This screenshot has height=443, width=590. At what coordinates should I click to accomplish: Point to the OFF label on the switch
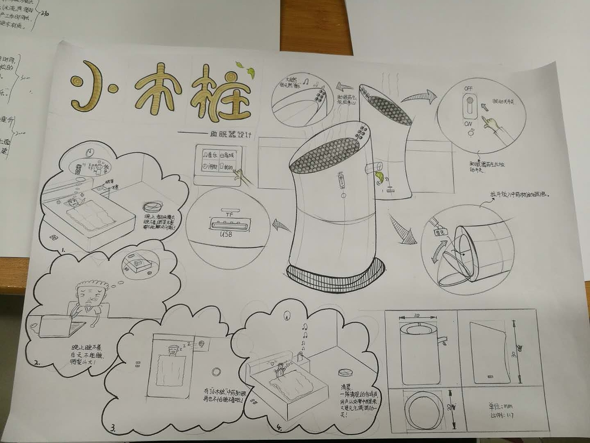(x=468, y=88)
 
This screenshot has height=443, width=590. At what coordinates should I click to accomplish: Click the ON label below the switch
(x=468, y=124)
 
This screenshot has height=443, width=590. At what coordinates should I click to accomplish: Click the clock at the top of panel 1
(x=90, y=151)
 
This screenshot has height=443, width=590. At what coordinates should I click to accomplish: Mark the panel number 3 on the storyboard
(x=113, y=428)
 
